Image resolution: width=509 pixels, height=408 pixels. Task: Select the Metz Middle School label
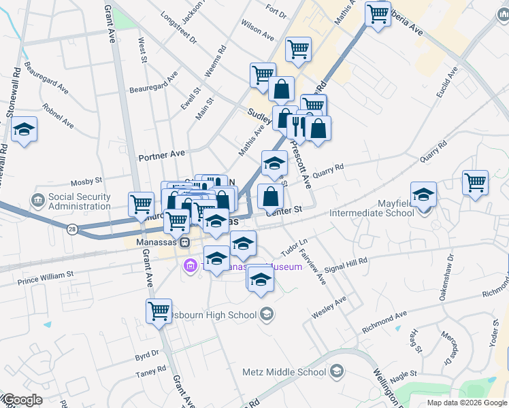pyautogui.click(x=284, y=372)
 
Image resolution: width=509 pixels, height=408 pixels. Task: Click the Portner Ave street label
pyautogui.click(x=162, y=156)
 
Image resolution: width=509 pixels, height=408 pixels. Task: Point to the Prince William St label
pyautogui.click(x=45, y=275)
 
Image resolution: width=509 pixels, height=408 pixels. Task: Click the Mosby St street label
pyautogui.click(x=86, y=182)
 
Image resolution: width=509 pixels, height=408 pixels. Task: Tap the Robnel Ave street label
pyautogui.click(x=58, y=115)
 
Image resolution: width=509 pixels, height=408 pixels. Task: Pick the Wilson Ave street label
pyautogui.click(x=257, y=30)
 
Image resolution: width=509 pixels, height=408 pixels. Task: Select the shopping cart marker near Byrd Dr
pyautogui.click(x=159, y=311)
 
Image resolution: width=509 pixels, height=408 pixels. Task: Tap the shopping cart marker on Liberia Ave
pyautogui.click(x=377, y=13)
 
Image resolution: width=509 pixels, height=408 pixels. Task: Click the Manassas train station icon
pyautogui.click(x=184, y=242)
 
